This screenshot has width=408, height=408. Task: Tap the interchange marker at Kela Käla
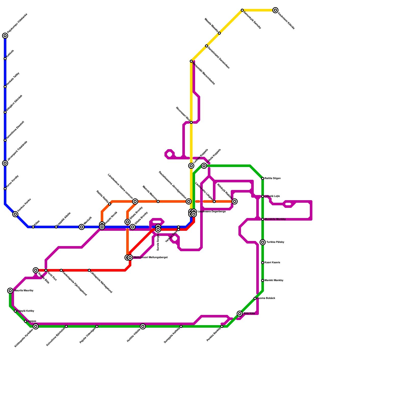(x=240, y=314)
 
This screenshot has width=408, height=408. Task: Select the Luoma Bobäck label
(x=266, y=298)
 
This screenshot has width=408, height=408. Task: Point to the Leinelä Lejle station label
(x=272, y=196)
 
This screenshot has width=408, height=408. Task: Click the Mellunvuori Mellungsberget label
(x=150, y=258)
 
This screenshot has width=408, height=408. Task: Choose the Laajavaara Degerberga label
(x=211, y=212)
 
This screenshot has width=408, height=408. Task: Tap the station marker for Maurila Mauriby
(x=10, y=291)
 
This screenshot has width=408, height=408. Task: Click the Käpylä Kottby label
(x=25, y=311)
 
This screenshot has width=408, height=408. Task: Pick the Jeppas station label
(x=32, y=321)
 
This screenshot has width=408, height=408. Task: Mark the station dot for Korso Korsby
(x=5, y=189)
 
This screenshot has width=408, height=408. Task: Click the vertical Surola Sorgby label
(x=158, y=242)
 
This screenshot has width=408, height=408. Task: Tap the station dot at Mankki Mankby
(x=263, y=280)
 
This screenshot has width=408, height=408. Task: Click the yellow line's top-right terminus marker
(x=275, y=10)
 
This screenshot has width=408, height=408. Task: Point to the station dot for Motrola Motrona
(x=158, y=201)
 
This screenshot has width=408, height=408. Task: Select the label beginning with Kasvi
(x=272, y=263)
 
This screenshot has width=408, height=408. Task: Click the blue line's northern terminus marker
(x=5, y=36)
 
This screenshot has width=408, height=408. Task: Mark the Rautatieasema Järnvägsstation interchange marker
(x=189, y=201)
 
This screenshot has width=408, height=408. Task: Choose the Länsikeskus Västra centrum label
(x=120, y=186)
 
